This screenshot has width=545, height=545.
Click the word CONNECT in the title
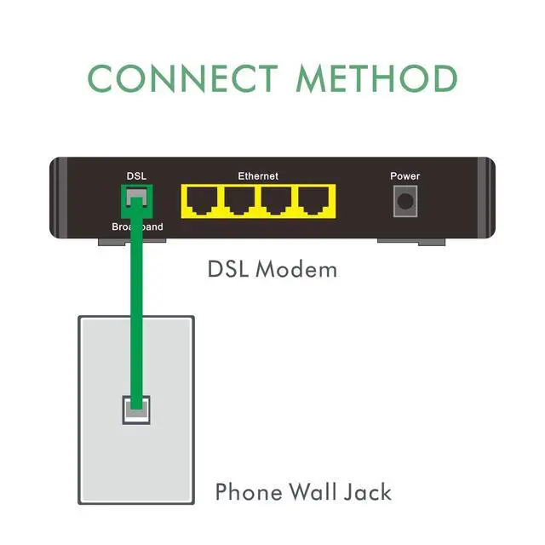click(184, 78)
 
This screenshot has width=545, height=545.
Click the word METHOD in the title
click(376, 78)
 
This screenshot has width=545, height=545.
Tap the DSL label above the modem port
click(136, 176)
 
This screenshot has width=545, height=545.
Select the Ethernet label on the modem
click(258, 176)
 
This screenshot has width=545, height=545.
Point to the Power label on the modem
click(405, 176)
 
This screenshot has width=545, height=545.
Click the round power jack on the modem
click(406, 203)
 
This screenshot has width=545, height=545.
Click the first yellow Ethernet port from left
click(202, 203)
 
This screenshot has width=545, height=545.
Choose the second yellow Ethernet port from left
click(239, 203)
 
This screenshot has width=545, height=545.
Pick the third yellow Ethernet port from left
click(277, 203)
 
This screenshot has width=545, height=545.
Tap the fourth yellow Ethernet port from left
click(314, 203)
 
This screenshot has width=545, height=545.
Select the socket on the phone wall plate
click(136, 410)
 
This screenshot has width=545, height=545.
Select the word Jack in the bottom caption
click(369, 492)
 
